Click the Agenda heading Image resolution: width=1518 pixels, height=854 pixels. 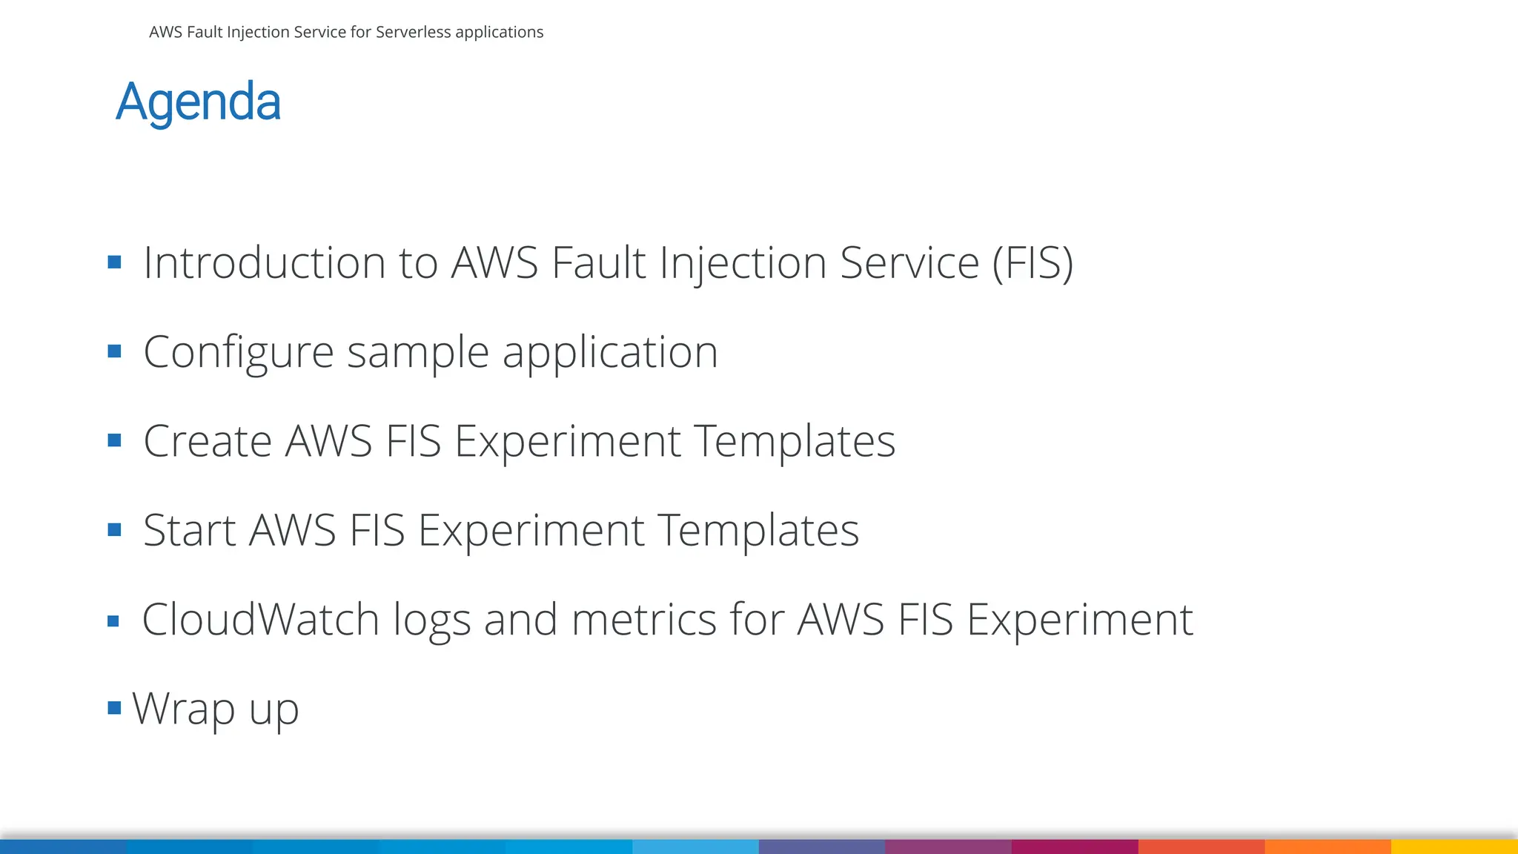click(x=199, y=102)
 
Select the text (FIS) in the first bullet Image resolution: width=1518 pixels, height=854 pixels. click(x=1033, y=262)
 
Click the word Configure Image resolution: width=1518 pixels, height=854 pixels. click(x=238, y=352)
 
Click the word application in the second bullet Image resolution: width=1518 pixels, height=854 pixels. click(x=610, y=352)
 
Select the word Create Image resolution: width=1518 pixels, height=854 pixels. click(x=207, y=441)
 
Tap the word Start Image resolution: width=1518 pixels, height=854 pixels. click(x=189, y=530)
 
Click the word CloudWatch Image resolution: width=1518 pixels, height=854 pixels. click(x=260, y=619)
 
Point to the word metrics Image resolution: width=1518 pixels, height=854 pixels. click(x=643, y=619)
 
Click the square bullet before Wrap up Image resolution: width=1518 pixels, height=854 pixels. click(x=114, y=708)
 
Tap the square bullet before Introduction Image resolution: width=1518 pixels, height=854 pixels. click(x=114, y=262)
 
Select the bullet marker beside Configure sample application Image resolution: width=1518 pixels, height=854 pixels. click(x=114, y=351)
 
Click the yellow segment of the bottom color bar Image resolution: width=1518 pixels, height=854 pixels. click(x=1454, y=847)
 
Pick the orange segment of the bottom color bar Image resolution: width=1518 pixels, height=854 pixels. click(x=1328, y=847)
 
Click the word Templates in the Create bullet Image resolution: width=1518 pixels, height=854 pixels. click(x=795, y=441)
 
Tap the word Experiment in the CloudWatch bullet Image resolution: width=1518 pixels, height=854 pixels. click(x=1080, y=619)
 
